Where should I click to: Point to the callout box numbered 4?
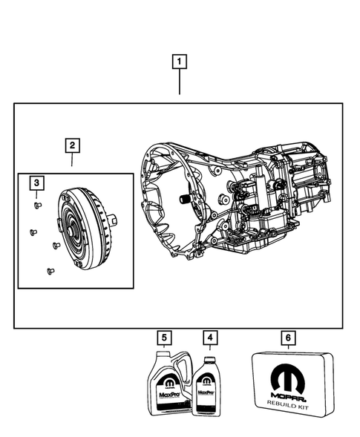(212, 339)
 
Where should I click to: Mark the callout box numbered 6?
(288, 339)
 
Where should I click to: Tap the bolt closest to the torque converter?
(56, 245)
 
